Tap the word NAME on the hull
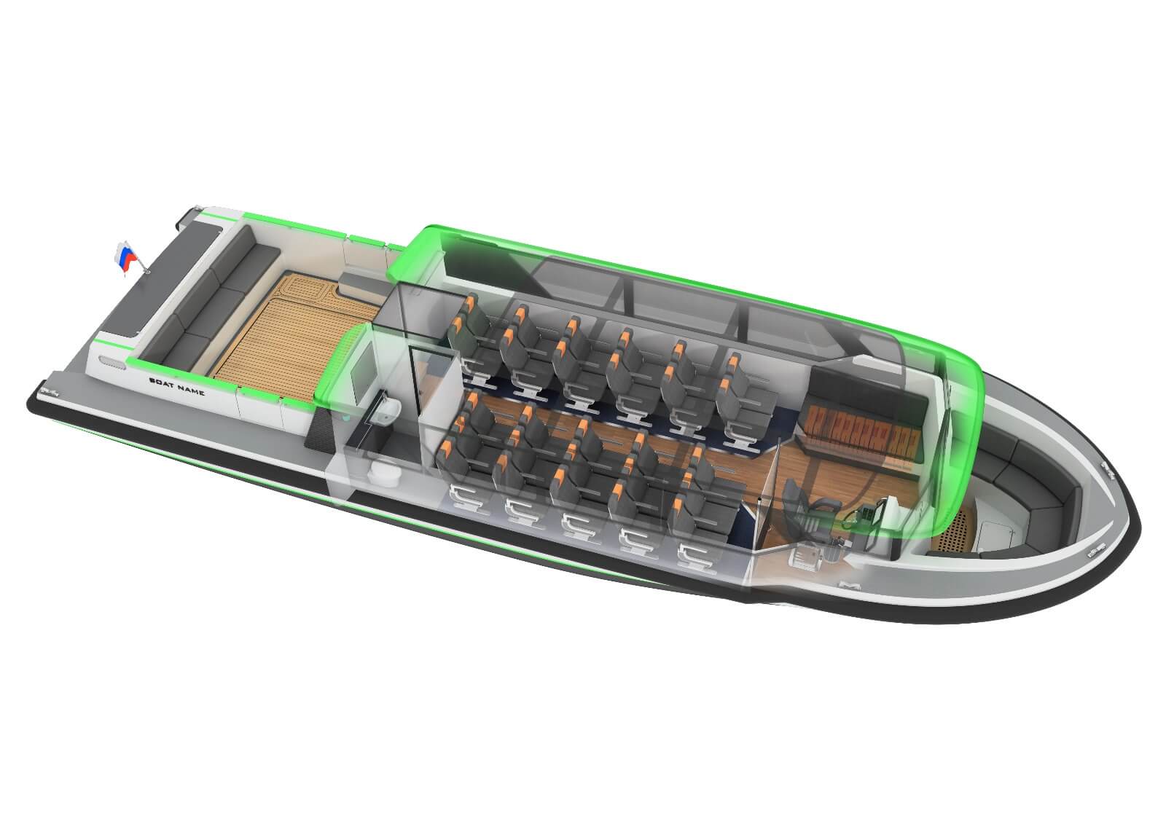(x=191, y=389)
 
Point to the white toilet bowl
(x=384, y=474)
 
